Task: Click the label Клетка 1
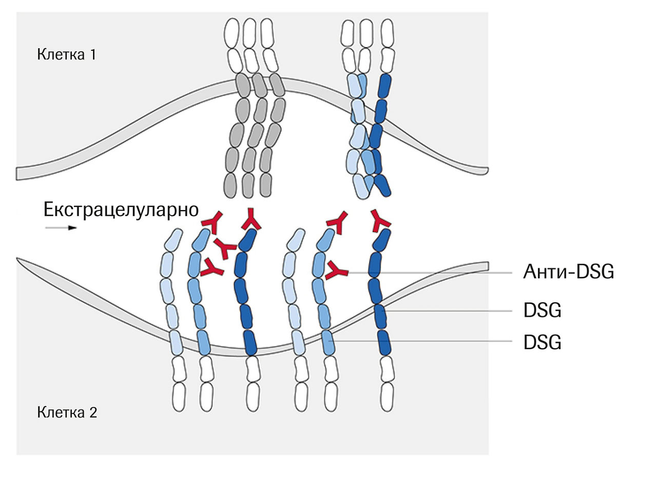(x=66, y=54)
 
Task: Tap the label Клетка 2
(x=67, y=412)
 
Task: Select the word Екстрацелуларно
(x=121, y=209)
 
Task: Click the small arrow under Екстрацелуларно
(x=61, y=227)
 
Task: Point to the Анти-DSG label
(x=569, y=272)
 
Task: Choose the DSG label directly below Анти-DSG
(x=543, y=310)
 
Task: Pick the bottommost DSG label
(x=543, y=342)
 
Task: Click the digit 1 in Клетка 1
(x=93, y=54)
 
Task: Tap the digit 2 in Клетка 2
(x=93, y=412)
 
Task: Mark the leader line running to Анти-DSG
(x=430, y=273)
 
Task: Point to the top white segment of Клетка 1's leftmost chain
(x=231, y=33)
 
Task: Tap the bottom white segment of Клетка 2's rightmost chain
(x=387, y=396)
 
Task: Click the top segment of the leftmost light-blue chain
(x=173, y=239)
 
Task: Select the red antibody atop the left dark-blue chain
(x=251, y=220)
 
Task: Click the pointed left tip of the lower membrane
(x=17, y=258)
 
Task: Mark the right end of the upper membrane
(x=487, y=170)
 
